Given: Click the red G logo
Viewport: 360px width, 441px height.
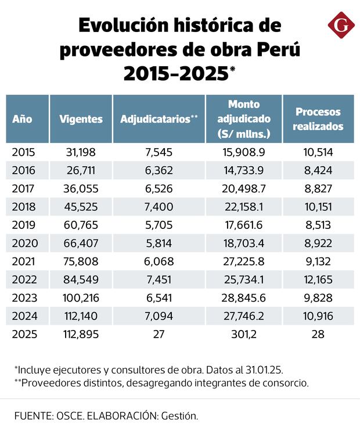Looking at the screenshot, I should pyautogui.click(x=340, y=27).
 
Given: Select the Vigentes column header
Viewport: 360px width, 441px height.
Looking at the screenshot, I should pyautogui.click(x=81, y=119).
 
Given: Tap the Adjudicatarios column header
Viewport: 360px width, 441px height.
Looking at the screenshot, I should pyautogui.click(x=159, y=119).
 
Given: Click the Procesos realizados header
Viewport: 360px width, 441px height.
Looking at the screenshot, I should pyautogui.click(x=318, y=119).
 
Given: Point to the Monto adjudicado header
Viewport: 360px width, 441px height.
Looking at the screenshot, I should pyautogui.click(x=244, y=119).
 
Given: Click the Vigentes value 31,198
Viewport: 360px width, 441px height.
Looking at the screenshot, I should pyautogui.click(x=81, y=152).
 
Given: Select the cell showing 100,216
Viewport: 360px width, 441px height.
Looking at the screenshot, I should pyautogui.click(x=81, y=298).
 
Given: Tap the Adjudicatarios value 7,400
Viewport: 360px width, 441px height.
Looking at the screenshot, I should pyautogui.click(x=159, y=207).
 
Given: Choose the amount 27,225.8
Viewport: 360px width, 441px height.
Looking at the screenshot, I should pyautogui.click(x=244, y=261).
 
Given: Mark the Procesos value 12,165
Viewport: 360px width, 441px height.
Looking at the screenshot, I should pyautogui.click(x=318, y=280).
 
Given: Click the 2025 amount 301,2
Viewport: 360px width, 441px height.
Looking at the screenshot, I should pyautogui.click(x=244, y=335).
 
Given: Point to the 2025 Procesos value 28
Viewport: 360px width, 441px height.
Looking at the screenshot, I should pyautogui.click(x=318, y=335).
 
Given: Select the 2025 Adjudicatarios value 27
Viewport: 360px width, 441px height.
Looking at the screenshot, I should pyautogui.click(x=159, y=335).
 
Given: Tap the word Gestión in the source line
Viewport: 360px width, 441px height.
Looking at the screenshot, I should pyautogui.click(x=179, y=416).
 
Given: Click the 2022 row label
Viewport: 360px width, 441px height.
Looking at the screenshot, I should pyautogui.click(x=24, y=280).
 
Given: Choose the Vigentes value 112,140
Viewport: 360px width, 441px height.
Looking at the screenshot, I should pyautogui.click(x=81, y=316).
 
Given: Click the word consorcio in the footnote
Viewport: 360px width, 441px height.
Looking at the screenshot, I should pyautogui.click(x=286, y=382).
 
